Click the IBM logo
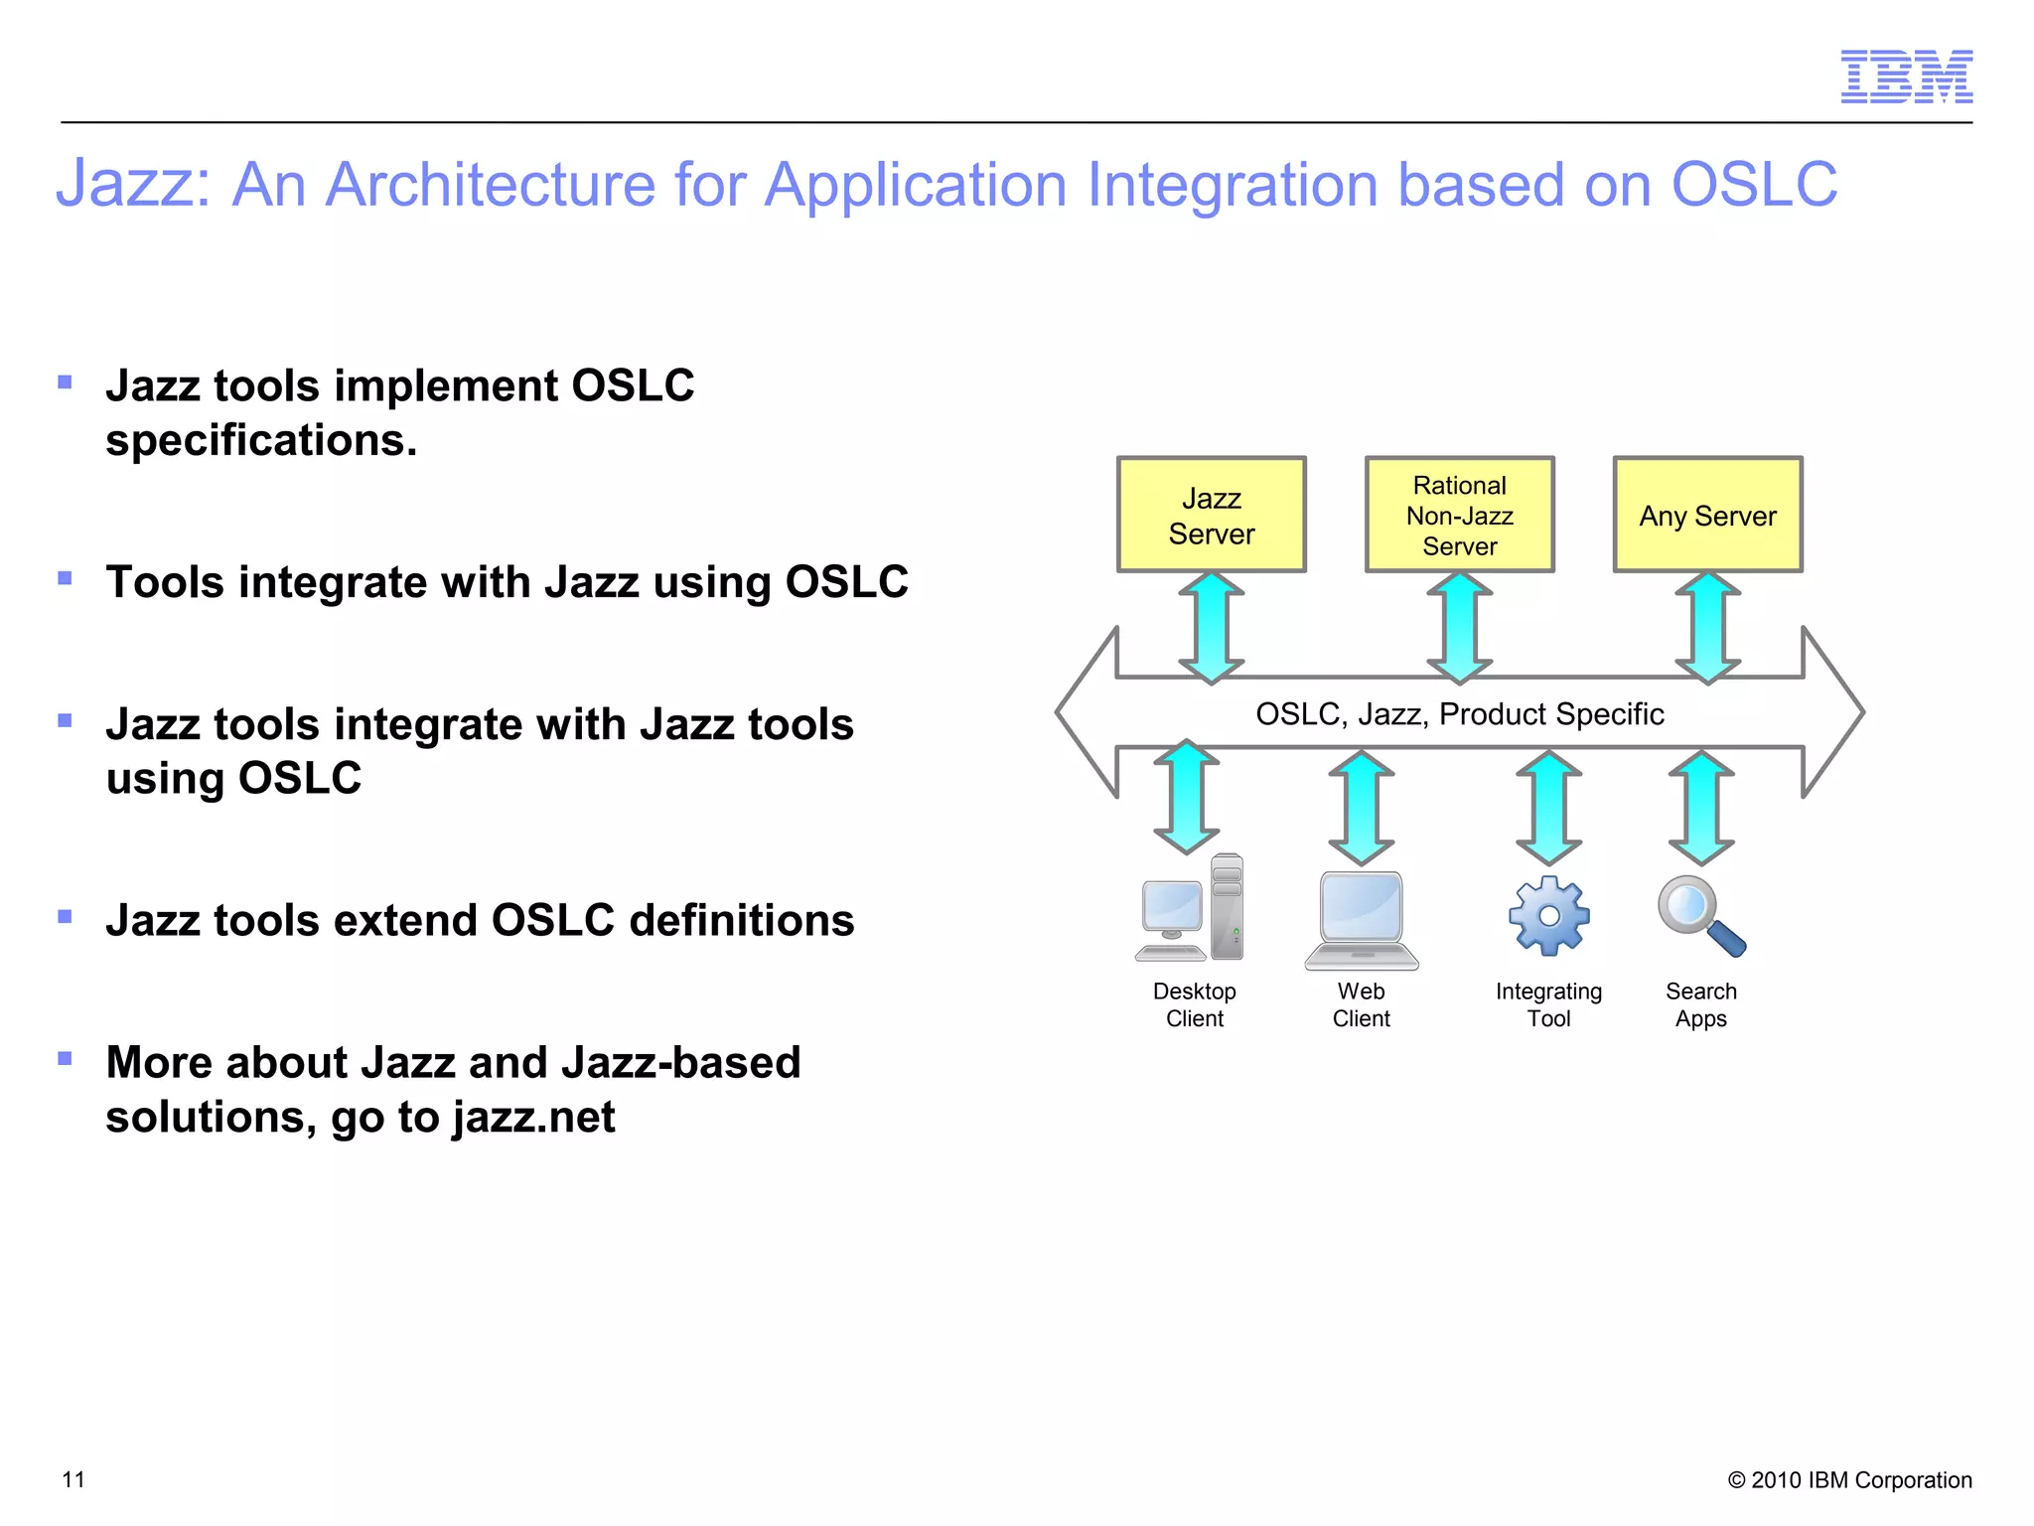pos(1906,76)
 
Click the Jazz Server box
pos(1211,515)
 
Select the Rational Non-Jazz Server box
pos(1459,515)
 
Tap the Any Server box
pos(1707,515)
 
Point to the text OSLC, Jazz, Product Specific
pos(1459,713)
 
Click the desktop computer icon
pos(1190,909)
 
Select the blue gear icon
pos(1548,916)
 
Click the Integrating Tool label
pos(1548,1004)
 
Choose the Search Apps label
pos(1700,1004)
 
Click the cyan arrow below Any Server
pos(1707,628)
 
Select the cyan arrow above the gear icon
pos(1548,808)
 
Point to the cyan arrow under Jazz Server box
pos(1211,628)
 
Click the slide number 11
pos(73,1479)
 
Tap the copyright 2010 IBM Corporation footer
pos(1849,1479)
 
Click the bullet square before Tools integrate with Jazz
pos(66,578)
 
